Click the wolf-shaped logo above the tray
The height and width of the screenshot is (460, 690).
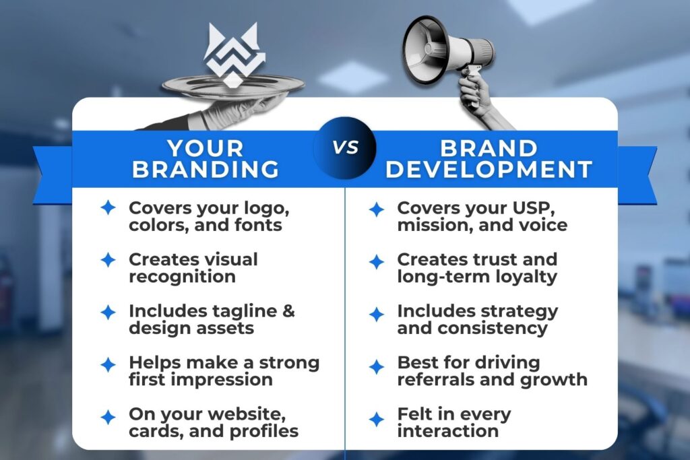[231, 55]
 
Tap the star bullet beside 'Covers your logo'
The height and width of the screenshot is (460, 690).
[108, 207]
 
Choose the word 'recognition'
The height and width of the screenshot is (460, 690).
[182, 276]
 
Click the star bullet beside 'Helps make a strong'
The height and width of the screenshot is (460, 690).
[108, 365]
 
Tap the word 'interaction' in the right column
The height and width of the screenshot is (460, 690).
[447, 431]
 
